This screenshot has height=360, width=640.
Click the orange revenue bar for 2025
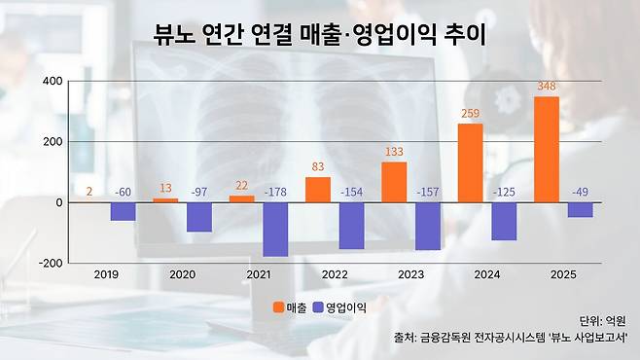[x=547, y=150]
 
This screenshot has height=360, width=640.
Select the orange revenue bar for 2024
[x=470, y=162]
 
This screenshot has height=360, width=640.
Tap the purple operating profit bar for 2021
[x=275, y=230]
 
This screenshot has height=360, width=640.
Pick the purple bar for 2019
[x=123, y=212]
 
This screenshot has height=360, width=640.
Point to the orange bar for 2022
[x=318, y=190]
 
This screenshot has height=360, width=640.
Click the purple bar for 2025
[x=580, y=210]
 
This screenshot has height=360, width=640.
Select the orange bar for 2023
[x=394, y=182]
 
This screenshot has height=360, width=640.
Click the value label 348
[x=547, y=87]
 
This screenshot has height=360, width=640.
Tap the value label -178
[x=275, y=192]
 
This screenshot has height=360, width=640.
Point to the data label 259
[x=470, y=113]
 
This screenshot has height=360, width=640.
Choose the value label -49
[x=580, y=192]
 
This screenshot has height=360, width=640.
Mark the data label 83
[x=318, y=166]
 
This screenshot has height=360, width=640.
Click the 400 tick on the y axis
[x=53, y=81]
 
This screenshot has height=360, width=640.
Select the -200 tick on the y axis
[x=51, y=264]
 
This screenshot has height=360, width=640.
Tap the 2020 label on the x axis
[x=183, y=274]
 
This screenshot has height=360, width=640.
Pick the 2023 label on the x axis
[x=411, y=274]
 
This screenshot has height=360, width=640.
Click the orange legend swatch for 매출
[x=279, y=307]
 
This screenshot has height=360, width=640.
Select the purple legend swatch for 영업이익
[x=318, y=307]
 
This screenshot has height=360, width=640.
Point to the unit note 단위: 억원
[x=602, y=321]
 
